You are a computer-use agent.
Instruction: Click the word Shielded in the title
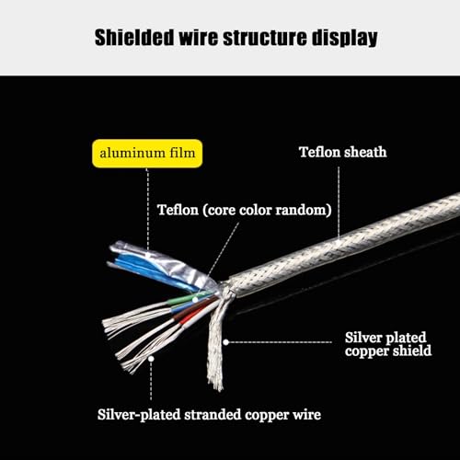click(134, 38)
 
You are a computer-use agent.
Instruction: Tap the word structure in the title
click(265, 38)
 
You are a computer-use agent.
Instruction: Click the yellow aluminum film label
click(147, 154)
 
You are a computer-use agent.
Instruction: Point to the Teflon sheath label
click(343, 152)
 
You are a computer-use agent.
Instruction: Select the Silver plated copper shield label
click(388, 344)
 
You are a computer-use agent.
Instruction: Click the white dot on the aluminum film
click(148, 255)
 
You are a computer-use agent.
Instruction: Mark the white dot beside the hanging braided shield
click(226, 342)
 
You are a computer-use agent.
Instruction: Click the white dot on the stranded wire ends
click(151, 359)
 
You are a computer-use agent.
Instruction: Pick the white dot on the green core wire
click(195, 299)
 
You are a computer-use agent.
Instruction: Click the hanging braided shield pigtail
click(217, 340)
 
